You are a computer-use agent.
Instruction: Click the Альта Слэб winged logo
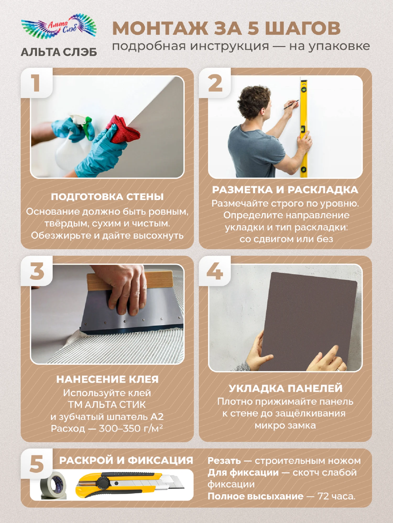pos(59,26)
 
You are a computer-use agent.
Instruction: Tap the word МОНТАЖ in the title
pos(160,28)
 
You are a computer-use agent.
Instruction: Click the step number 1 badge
pos(36,83)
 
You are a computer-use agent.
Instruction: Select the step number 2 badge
pos(215,83)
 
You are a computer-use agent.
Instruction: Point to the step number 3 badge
pos(37,271)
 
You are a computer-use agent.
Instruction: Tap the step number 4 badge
pos(215,271)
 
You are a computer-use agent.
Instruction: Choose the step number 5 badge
pos(37,464)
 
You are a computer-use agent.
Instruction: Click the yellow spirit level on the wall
pos(304,128)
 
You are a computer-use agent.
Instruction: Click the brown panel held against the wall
pos(309,321)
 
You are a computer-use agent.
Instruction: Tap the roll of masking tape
pos(53,486)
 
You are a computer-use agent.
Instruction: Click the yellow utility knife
pos(130,485)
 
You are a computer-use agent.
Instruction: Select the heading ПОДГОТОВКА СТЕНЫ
pos(107,197)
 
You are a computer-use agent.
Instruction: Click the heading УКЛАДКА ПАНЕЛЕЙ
pos(286,388)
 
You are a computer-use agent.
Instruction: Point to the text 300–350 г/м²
pos(131,428)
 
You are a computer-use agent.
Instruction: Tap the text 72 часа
pos(336,496)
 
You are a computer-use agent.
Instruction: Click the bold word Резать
pos(224,461)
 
